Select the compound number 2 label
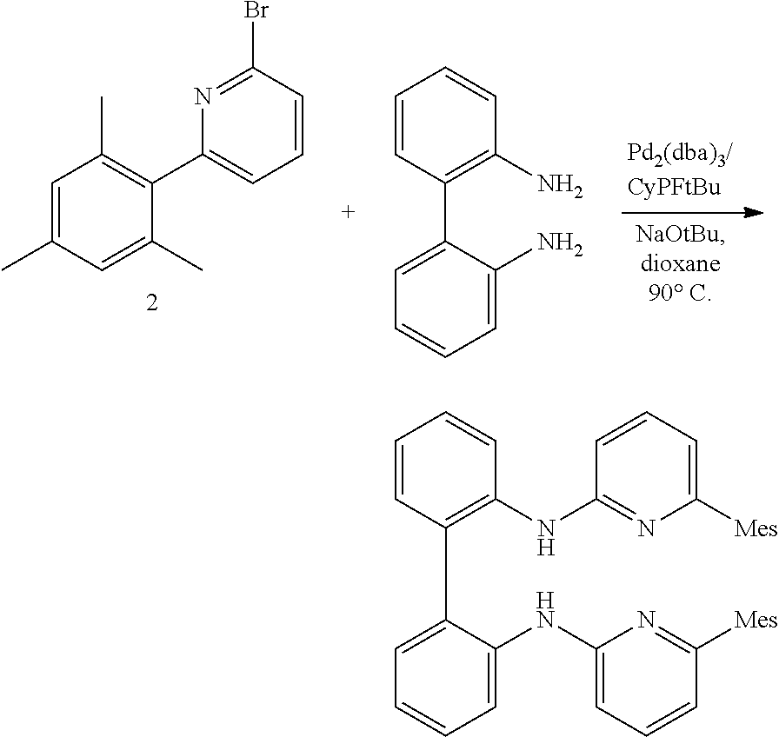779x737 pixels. [151, 305]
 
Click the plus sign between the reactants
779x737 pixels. [349, 212]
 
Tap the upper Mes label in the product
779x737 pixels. [756, 528]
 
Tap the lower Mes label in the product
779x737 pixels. [756, 619]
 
